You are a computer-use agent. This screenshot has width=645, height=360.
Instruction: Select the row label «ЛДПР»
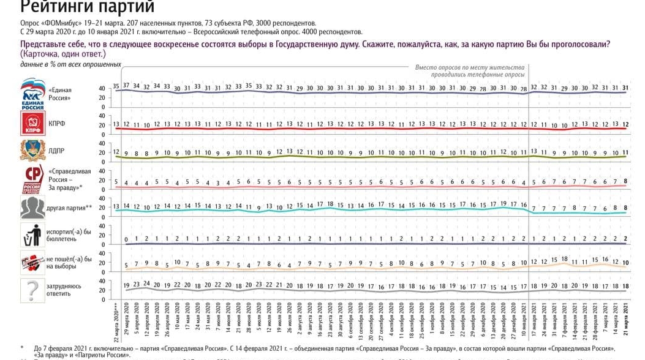56,151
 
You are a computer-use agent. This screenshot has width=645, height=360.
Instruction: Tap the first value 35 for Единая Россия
116,86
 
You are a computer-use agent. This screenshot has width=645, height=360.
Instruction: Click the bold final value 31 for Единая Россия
625,88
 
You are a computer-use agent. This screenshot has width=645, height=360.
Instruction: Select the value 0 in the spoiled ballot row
127,239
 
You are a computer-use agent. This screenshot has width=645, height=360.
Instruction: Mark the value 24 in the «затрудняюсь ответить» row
147,283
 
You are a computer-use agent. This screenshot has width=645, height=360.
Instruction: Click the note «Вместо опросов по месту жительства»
470,66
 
